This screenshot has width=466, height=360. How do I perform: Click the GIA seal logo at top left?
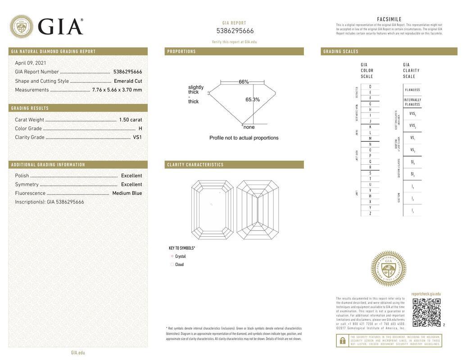(21, 26)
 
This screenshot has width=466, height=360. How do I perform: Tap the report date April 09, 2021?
(31, 63)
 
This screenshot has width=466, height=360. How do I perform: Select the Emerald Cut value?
(128, 81)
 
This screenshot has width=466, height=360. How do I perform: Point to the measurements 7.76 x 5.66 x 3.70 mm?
(117, 90)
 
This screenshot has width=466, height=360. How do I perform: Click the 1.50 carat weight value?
(131, 120)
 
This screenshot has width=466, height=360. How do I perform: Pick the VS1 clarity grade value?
(137, 137)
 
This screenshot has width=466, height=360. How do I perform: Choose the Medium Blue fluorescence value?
(127, 193)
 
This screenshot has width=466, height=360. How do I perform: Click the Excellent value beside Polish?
(131, 175)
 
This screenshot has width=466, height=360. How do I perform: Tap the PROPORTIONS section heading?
(181, 51)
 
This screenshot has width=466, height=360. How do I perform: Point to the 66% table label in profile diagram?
(244, 82)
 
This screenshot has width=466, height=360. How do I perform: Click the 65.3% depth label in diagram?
(253, 99)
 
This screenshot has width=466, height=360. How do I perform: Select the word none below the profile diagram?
(249, 127)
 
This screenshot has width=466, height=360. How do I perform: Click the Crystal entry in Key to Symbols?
(181, 256)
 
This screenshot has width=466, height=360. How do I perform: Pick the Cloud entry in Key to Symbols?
(179, 265)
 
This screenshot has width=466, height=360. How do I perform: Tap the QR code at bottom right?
(426, 312)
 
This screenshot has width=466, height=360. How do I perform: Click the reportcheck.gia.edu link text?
(426, 294)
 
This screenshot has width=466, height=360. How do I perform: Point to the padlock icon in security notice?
(342, 341)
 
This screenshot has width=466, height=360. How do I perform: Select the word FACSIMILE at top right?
(389, 19)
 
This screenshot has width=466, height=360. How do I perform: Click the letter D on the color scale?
(370, 86)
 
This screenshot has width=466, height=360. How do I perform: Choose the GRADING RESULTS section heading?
(30, 108)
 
